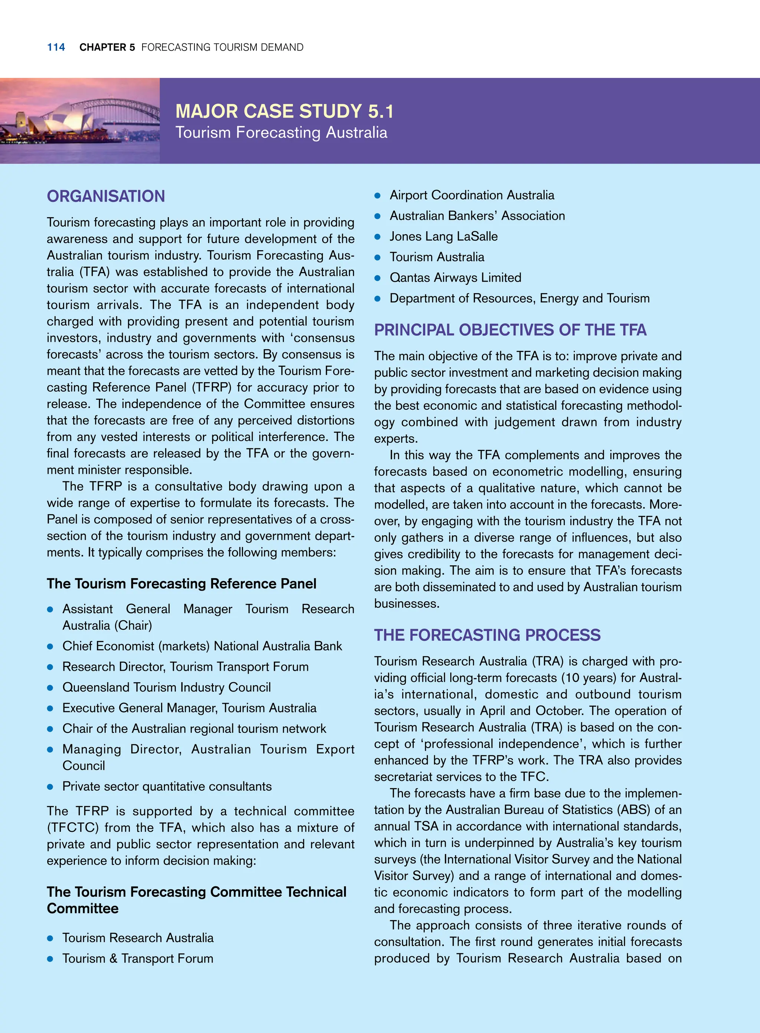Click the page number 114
pyautogui.click(x=56, y=48)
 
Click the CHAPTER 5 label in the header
pyautogui.click(x=107, y=48)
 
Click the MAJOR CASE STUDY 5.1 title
pyautogui.click(x=284, y=111)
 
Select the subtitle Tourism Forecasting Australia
pyautogui.click(x=281, y=133)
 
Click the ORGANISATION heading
pyautogui.click(x=106, y=196)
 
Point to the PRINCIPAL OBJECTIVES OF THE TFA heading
pyautogui.click(x=510, y=330)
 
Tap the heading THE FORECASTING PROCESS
pyautogui.click(x=487, y=635)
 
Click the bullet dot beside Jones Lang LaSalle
pyautogui.click(x=378, y=237)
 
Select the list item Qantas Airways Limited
pyautogui.click(x=455, y=278)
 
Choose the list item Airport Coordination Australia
pyautogui.click(x=472, y=195)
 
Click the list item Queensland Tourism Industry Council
pyautogui.click(x=167, y=687)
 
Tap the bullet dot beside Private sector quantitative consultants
pyautogui.click(x=50, y=787)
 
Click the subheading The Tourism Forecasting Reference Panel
pyautogui.click(x=181, y=584)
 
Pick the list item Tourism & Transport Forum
pyautogui.click(x=138, y=958)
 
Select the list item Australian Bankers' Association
pyautogui.click(x=477, y=216)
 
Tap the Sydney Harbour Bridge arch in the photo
pyautogui.click(x=117, y=99)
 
